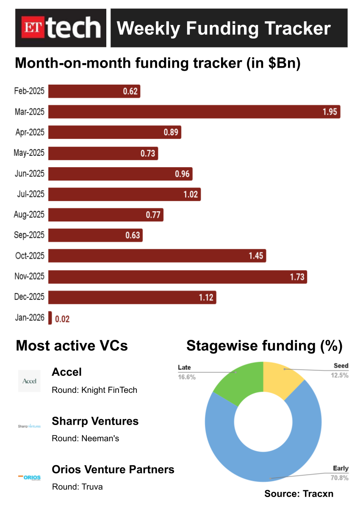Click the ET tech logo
[61, 28]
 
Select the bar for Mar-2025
[194, 112]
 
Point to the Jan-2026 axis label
[29, 317]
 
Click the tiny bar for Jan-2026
[50, 318]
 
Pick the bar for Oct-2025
[157, 256]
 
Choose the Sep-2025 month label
[29, 235]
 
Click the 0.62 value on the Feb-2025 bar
[130, 91]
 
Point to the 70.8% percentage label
[340, 478]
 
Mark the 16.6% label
[187, 377]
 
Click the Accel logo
[29, 381]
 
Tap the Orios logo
[29, 477]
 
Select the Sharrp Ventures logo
[29, 426]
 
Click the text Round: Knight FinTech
[94, 390]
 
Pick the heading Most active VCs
[72, 346]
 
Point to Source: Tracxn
[299, 494]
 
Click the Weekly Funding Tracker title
[224, 28]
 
